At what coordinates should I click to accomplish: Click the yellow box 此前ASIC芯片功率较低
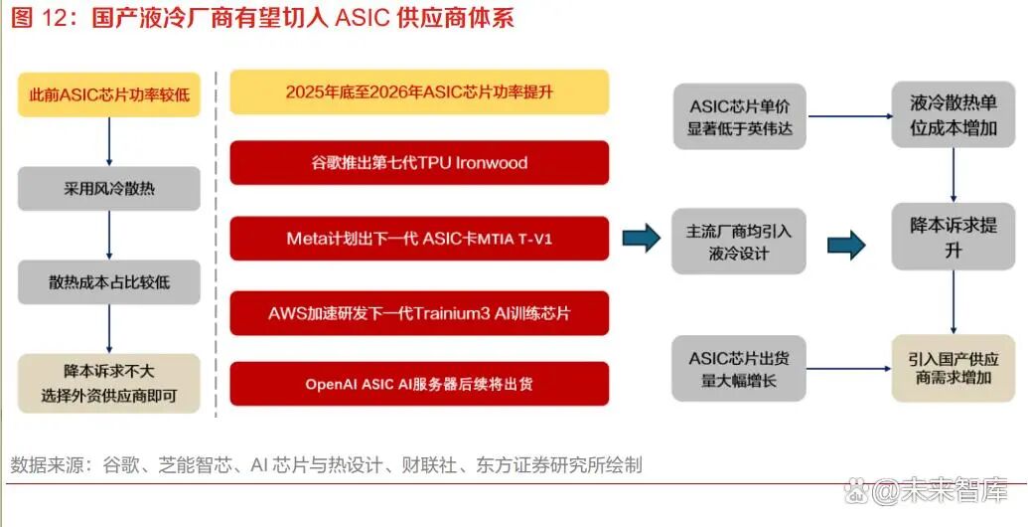pyautogui.click(x=109, y=95)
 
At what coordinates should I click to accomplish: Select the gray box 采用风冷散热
pyautogui.click(x=109, y=187)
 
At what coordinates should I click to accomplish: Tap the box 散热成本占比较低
pyautogui.click(x=109, y=281)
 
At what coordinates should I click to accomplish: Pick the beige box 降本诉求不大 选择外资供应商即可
pyautogui.click(x=109, y=383)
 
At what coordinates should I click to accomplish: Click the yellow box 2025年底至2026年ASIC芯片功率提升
pyautogui.click(x=419, y=91)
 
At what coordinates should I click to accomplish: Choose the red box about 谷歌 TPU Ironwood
pyautogui.click(x=419, y=163)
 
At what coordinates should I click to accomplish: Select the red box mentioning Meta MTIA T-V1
pyautogui.click(x=419, y=239)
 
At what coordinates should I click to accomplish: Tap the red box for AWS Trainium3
pyautogui.click(x=419, y=313)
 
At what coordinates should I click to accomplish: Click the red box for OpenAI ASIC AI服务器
pyautogui.click(x=419, y=384)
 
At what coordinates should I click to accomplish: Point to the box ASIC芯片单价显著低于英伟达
pyautogui.click(x=740, y=116)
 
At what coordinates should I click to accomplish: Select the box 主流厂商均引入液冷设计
pyautogui.click(x=740, y=242)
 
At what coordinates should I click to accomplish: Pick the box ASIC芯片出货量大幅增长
pyautogui.click(x=740, y=368)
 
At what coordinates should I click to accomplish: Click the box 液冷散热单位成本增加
pyautogui.click(x=954, y=116)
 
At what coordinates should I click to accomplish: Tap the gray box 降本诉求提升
pyautogui.click(x=954, y=237)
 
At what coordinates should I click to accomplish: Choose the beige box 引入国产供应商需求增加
pyautogui.click(x=954, y=368)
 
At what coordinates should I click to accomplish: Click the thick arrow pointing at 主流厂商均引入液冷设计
pyautogui.click(x=642, y=238)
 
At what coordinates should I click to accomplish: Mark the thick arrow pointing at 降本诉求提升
pyautogui.click(x=846, y=244)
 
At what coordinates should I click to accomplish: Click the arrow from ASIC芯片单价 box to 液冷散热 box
pyautogui.click(x=849, y=116)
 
